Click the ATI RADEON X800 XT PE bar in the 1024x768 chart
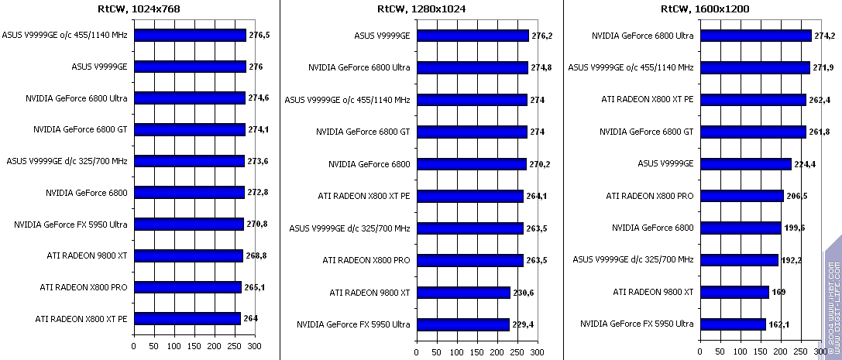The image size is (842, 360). [x=187, y=318]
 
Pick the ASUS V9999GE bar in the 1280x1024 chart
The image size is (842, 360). [x=473, y=36]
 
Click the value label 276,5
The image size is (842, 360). [x=259, y=35]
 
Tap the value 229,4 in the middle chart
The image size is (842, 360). [x=524, y=324]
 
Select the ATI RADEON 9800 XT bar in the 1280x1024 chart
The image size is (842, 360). [x=463, y=292]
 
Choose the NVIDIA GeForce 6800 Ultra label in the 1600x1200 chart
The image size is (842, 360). [x=642, y=36]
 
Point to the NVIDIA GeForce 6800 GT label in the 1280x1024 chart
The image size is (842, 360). [x=363, y=132]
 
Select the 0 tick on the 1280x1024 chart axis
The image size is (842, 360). [x=417, y=351]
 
